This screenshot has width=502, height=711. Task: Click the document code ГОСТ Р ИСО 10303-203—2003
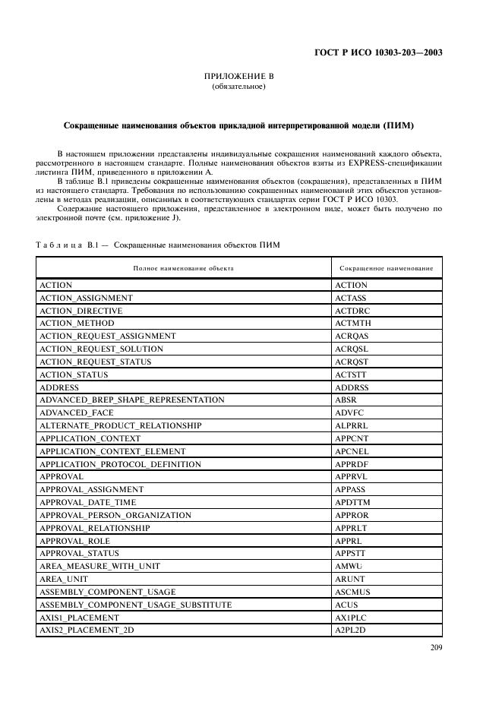pos(377,53)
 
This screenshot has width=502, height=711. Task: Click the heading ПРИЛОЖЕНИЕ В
pos(238,77)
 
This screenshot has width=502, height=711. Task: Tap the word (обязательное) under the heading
pos(238,87)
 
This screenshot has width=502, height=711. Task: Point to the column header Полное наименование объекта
pos(183,268)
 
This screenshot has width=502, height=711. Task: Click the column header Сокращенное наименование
pos(386,268)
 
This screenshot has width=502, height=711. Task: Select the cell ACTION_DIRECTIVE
pos(81,311)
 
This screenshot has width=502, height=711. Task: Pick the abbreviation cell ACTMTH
pos(352,324)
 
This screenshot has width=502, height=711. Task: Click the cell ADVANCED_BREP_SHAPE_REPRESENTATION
pos(131,400)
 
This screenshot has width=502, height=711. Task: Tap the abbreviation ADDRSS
pos(352,387)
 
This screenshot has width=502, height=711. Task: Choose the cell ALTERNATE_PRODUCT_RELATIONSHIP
pos(120,425)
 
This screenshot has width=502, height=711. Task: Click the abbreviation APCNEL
pos(352,451)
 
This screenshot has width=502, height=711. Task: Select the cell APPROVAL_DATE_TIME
pos(87,502)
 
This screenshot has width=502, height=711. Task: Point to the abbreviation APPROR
pos(352,515)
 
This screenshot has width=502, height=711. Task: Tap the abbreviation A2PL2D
pos(351,630)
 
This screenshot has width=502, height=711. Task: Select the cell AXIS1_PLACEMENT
pos(79,617)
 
